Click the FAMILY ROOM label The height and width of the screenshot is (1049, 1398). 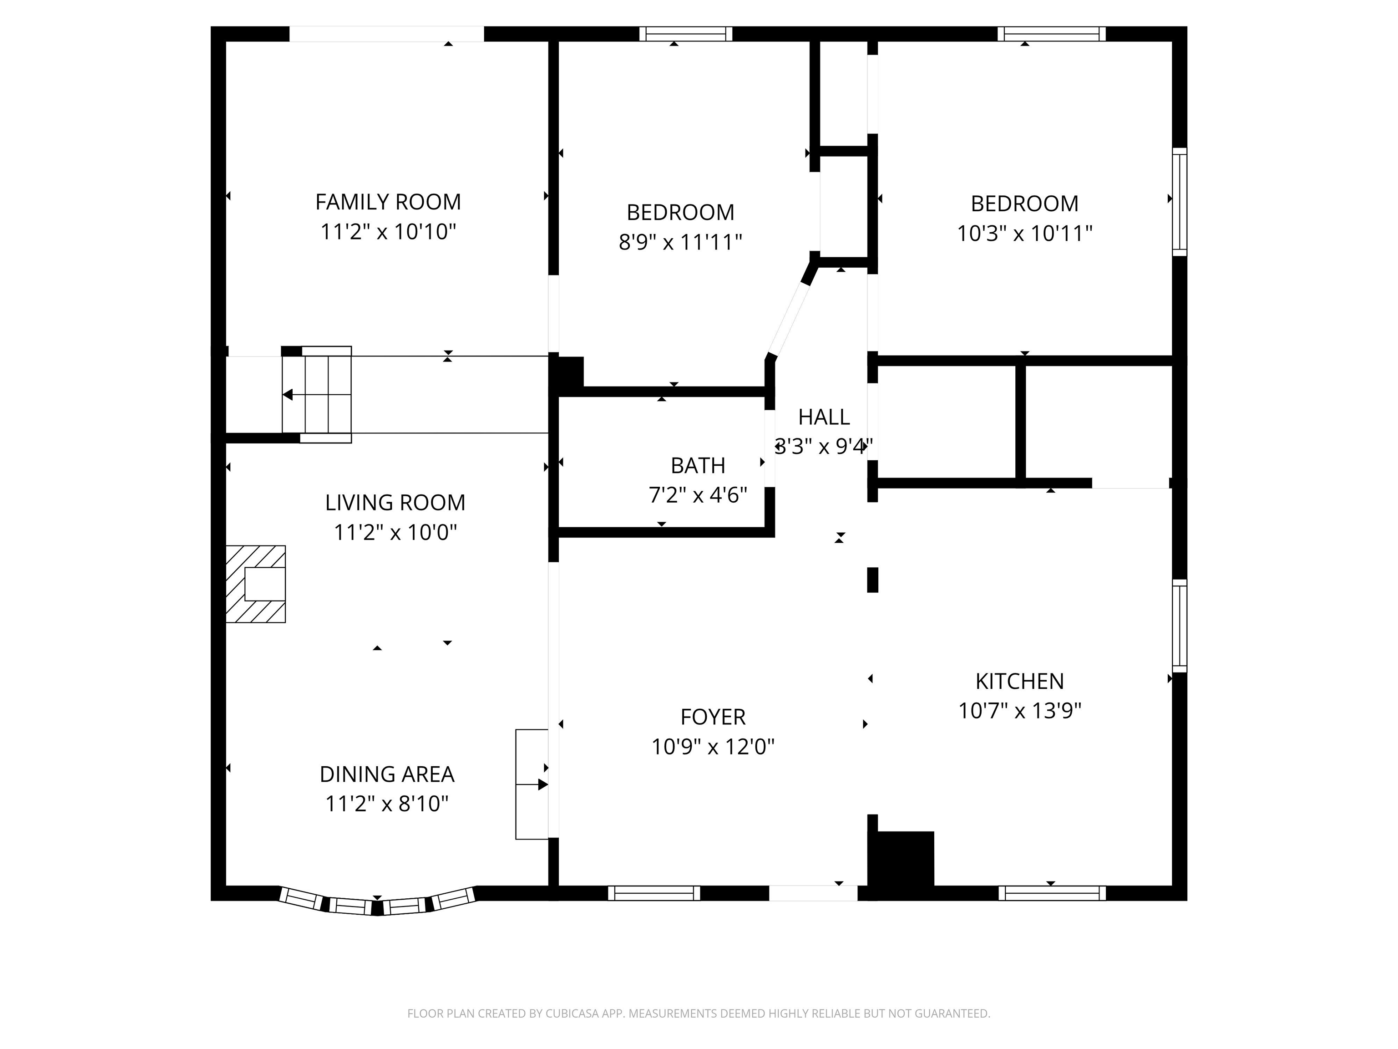pos(388,202)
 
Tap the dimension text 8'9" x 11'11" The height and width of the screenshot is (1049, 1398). pos(680,242)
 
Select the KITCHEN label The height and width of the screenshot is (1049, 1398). pos(1019,681)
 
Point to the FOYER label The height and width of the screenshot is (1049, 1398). pos(713,717)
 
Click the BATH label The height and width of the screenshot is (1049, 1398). pos(698,465)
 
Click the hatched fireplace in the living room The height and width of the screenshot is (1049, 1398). pos(256,584)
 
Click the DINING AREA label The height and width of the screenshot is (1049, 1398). pos(387,774)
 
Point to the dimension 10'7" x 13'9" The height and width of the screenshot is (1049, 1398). pos(1019,711)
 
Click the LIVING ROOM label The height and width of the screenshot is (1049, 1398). pos(395,503)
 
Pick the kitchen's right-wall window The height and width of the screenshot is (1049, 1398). pos(1179,626)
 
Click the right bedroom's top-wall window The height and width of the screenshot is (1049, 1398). pos(1052,34)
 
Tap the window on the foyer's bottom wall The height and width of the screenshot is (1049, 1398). pos(654,893)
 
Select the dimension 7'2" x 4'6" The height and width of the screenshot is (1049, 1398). pos(698,495)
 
